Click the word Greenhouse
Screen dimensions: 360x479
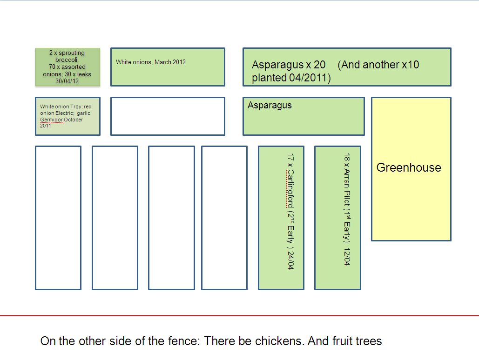pos(408,167)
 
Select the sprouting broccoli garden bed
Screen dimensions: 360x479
pos(67,67)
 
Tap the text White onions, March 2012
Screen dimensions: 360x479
pos(151,62)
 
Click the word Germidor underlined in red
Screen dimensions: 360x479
pos(51,120)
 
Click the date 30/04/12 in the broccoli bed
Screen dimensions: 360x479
pos(67,81)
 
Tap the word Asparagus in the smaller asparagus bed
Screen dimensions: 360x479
pos(270,105)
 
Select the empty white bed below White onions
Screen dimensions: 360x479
pos(168,116)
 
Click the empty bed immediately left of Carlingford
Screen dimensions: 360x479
pos(224,218)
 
